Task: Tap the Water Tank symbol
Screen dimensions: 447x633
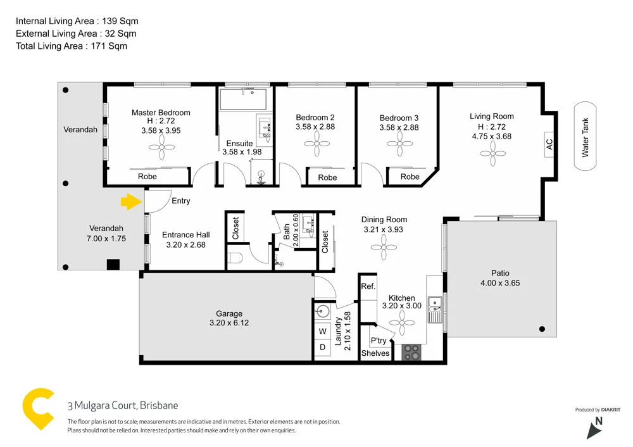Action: pos(586,137)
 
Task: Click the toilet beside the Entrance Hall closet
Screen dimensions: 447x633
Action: pos(235,258)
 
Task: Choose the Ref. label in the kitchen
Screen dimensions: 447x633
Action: pos(368,286)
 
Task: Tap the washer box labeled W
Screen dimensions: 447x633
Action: pos(322,331)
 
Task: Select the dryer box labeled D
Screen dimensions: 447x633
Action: pos(322,347)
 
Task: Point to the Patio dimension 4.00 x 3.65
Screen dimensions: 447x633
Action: pos(499,283)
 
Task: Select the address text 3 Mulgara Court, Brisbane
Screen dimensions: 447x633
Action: pos(123,406)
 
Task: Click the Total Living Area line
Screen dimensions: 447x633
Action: pos(72,46)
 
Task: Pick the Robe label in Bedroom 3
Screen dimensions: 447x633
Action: pos(410,177)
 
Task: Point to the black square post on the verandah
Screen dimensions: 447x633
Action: pos(113,264)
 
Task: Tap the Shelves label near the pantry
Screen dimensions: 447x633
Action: pos(375,353)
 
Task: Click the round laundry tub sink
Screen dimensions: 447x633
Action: pos(323,310)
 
